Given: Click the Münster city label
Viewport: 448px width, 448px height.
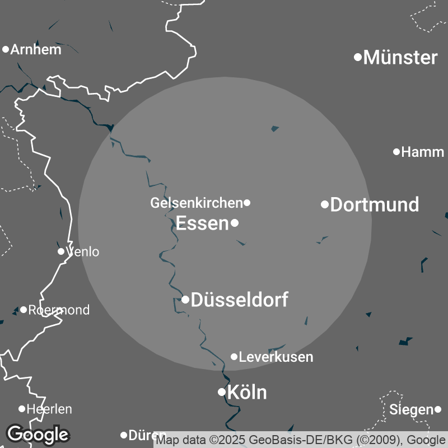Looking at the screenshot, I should pos(400,57).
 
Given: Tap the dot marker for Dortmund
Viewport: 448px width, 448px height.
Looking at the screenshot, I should pos(324,204).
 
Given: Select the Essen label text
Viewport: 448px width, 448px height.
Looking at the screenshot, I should pos(202,223).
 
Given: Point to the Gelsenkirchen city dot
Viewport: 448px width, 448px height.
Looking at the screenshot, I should pos(247,203).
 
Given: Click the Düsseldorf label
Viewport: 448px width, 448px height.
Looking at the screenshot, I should pos(240,300).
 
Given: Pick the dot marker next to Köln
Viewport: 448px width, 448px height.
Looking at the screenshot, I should pos(222,392).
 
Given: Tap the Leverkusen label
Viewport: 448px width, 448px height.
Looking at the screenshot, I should pos(276,357).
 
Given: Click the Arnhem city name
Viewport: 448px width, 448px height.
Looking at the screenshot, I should pos(36,49).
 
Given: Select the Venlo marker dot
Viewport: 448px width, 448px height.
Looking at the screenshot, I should pos(61,251).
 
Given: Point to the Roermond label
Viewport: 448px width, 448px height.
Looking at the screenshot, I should pos(59,310).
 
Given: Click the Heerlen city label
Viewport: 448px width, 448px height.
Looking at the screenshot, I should pos(49,409).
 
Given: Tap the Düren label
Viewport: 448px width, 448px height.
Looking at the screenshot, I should pos(147,435).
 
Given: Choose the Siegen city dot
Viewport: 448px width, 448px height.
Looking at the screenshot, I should pos(438,410).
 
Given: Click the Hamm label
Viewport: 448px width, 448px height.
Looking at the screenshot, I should pos(423,152).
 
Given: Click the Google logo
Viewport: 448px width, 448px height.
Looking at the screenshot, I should pos(38,434).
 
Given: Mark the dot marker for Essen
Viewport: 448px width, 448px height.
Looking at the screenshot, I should pos(235,223).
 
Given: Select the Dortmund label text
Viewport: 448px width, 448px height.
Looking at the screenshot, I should pos(375,204).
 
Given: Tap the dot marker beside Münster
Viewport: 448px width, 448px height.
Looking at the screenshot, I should pos(358,57).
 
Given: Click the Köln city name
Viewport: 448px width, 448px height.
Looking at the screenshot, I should pos(248,392).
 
